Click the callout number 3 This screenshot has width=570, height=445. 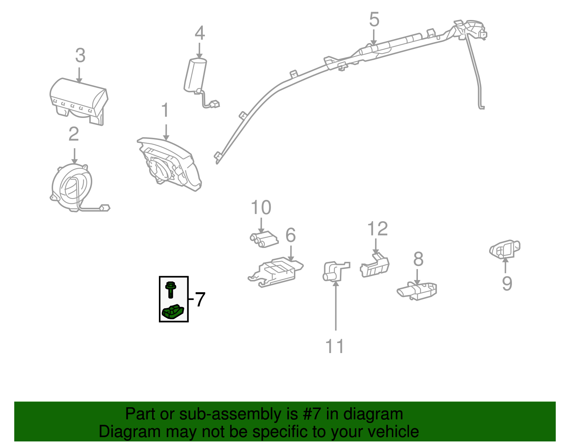[80, 56]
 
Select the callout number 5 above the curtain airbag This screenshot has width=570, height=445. [374, 20]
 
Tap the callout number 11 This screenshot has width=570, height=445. [335, 346]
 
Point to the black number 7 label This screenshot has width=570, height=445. [200, 299]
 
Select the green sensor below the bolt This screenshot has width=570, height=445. [173, 311]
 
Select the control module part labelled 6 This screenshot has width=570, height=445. [276, 272]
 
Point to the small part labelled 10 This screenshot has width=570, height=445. [264, 239]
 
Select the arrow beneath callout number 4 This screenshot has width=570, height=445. [199, 50]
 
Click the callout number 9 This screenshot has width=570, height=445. [507, 284]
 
